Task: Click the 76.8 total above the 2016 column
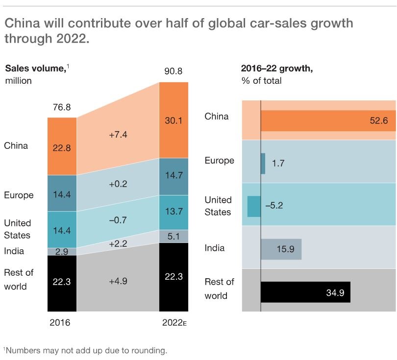click(x=62, y=107)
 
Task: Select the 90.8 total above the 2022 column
click(x=174, y=72)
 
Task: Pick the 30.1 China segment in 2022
click(x=174, y=120)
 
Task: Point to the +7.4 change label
click(x=118, y=134)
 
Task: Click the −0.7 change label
click(x=118, y=220)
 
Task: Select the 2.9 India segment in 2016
click(x=62, y=251)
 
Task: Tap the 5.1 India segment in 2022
click(x=174, y=237)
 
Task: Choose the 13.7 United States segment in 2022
click(x=174, y=213)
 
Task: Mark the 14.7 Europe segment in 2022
click(x=174, y=176)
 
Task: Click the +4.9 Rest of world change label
click(x=118, y=282)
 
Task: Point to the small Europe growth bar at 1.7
click(x=263, y=164)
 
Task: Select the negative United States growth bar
click(x=254, y=206)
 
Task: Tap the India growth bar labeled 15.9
click(x=281, y=249)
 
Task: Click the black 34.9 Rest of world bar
click(x=305, y=292)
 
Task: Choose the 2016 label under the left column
click(x=60, y=323)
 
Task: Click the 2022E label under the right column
click(x=174, y=323)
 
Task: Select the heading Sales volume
click(x=35, y=68)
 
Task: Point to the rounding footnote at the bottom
click(x=85, y=350)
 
